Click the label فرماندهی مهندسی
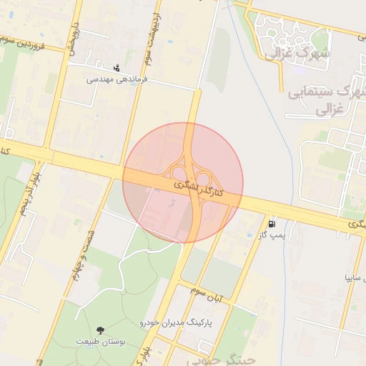point(117,80)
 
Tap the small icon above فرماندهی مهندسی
point(117,69)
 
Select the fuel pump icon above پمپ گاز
point(272,223)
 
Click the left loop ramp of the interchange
point(176,172)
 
